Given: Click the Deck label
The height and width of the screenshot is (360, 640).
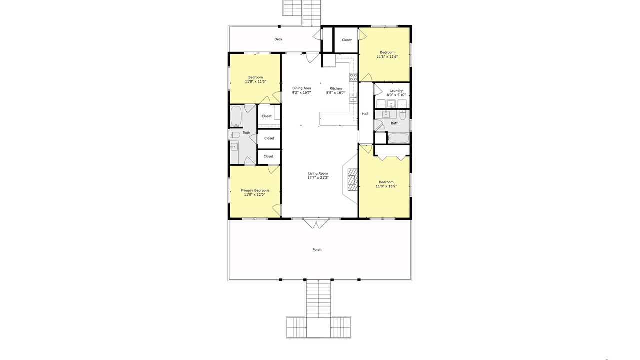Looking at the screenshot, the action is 278,39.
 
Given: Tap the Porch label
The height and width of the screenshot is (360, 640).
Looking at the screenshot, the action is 317,249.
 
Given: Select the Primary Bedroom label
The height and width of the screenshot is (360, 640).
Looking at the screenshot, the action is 255,190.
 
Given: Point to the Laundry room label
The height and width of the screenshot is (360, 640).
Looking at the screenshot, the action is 396,91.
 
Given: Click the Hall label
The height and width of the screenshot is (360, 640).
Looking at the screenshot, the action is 365,113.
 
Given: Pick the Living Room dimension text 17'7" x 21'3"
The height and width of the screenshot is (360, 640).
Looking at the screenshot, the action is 318,177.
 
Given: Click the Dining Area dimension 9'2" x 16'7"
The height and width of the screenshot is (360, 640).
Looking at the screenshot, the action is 301,92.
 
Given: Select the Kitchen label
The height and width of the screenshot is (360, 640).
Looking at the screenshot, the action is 336,88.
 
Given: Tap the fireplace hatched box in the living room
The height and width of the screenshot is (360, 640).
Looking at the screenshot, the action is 353,179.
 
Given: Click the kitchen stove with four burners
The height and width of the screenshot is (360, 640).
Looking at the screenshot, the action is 353,77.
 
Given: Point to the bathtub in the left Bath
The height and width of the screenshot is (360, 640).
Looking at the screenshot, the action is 236,116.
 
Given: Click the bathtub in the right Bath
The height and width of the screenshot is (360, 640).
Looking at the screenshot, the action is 398,138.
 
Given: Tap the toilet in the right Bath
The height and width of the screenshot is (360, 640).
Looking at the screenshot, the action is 402,115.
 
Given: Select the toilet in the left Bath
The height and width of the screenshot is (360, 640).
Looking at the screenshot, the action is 235,135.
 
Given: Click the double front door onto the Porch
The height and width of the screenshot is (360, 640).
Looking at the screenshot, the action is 316,223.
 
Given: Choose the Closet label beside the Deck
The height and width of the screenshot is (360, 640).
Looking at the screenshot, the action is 347,40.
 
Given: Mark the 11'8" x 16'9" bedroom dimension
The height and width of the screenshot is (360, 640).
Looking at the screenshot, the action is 386,186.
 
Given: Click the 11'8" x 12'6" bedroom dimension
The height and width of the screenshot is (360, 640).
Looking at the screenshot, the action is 387,57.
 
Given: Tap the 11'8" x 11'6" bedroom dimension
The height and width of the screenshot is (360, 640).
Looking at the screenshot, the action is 255,81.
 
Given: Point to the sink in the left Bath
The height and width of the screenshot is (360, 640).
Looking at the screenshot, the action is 234,147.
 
